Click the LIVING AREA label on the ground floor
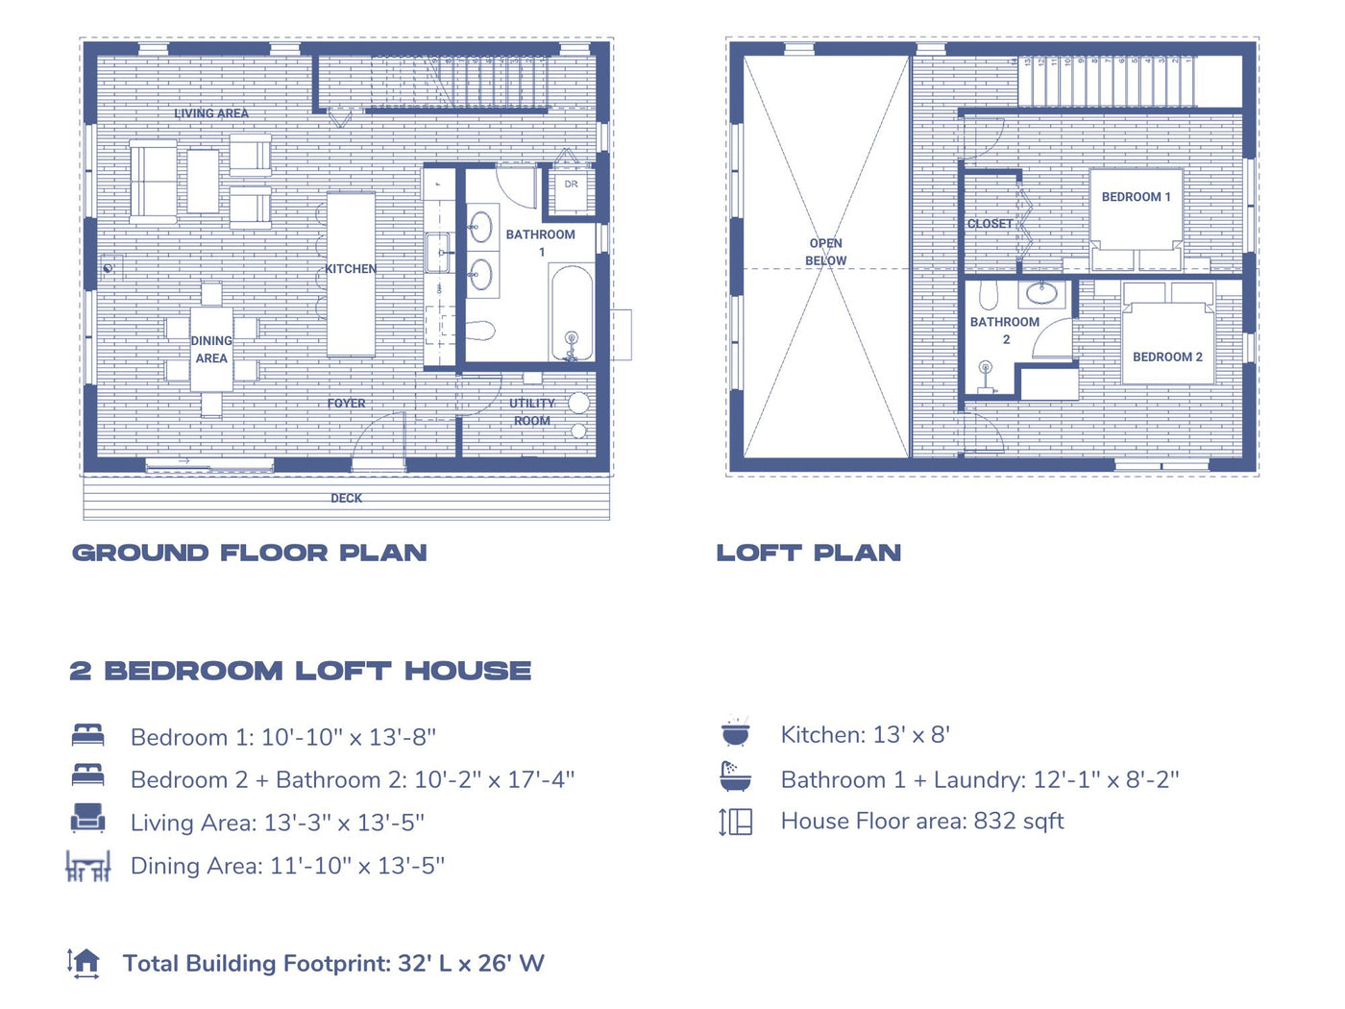(211, 113)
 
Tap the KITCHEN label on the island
(351, 269)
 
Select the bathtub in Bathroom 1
(571, 312)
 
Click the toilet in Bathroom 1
(479, 332)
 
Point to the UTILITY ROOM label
(532, 412)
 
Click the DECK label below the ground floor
(346, 498)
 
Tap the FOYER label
(346, 404)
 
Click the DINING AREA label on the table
(211, 350)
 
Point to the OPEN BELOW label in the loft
(826, 252)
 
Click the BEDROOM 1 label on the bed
(1136, 197)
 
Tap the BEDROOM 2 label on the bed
(1167, 357)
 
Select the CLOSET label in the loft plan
(990, 224)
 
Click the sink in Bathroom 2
(1041, 291)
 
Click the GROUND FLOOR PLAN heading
(250, 553)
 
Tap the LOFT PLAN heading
(809, 553)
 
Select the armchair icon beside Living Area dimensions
(87, 819)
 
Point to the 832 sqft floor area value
(1018, 821)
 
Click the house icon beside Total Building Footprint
(85, 962)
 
